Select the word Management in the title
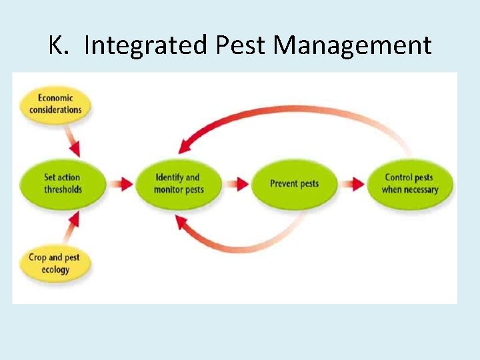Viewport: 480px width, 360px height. click(353, 46)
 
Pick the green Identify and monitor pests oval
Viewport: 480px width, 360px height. click(179, 183)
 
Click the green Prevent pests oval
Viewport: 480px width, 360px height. click(294, 183)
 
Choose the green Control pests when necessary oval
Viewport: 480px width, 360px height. click(410, 183)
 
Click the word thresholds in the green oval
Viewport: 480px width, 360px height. click(63, 189)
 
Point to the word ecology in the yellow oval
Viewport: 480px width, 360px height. click(56, 270)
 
